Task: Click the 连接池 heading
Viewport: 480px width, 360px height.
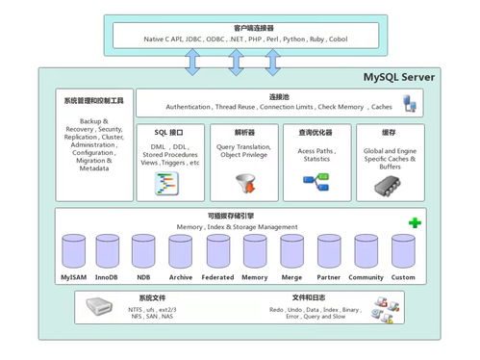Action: pyautogui.click(x=279, y=97)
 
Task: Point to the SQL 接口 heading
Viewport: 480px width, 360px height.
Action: pyautogui.click(x=167, y=132)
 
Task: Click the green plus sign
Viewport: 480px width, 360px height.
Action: pyautogui.click(x=414, y=223)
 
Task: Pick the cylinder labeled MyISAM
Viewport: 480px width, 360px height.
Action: pyautogui.click(x=73, y=252)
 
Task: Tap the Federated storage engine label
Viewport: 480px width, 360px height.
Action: pyautogui.click(x=217, y=277)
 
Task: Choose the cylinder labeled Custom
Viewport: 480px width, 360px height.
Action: pyautogui.click(x=403, y=252)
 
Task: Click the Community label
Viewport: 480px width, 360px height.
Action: pyautogui.click(x=366, y=277)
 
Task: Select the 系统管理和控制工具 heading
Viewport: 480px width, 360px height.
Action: pyautogui.click(x=92, y=99)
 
